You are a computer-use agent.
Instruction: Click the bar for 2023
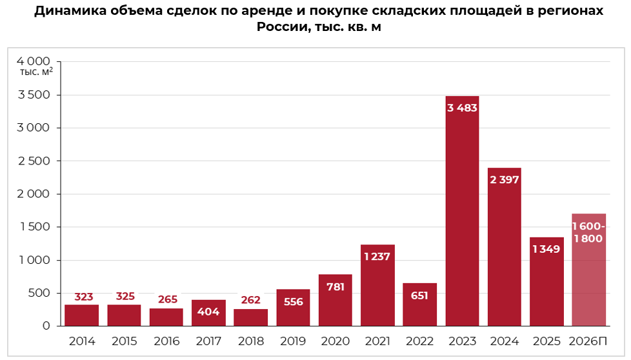[462, 213]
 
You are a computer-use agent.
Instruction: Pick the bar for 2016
[166, 317]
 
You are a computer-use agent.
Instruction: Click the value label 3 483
[462, 108]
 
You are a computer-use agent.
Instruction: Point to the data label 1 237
[377, 257]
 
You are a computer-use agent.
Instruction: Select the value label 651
[419, 295]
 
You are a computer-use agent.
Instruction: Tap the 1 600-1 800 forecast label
[588, 232]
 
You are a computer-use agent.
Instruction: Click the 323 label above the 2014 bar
[84, 297]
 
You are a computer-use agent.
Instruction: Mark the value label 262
[250, 300]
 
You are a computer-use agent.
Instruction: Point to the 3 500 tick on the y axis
[34, 95]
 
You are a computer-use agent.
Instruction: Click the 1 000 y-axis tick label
[34, 260]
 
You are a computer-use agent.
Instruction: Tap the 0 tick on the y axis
[46, 326]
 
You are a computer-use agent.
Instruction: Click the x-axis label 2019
[293, 341]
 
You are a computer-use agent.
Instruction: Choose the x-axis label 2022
[419, 341]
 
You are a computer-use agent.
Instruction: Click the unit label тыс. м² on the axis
[36, 72]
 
